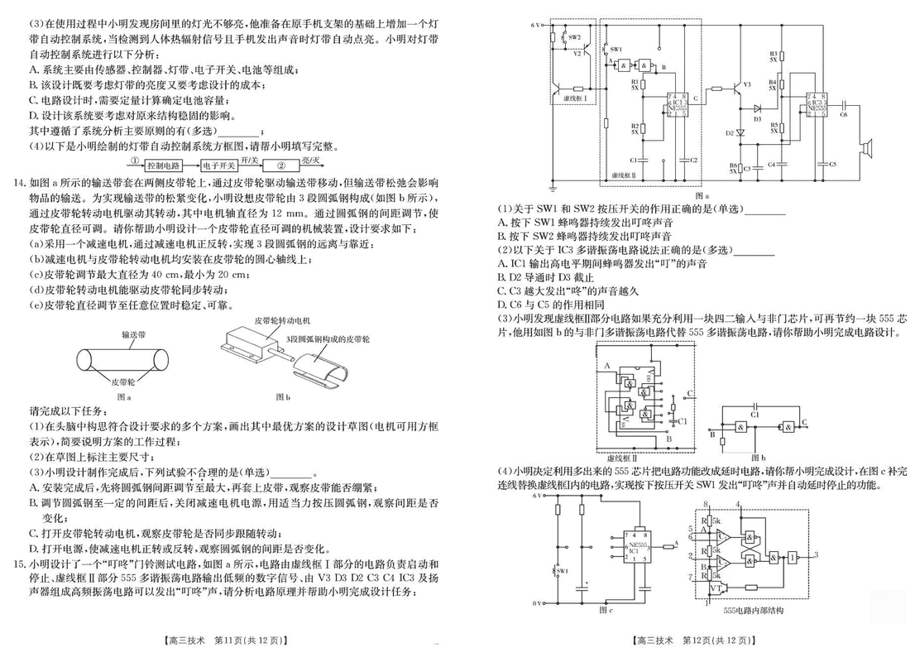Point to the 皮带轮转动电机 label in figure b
click(x=282, y=319)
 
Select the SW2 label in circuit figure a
click(x=575, y=37)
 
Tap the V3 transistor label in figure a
click(x=747, y=84)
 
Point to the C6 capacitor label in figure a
click(x=843, y=114)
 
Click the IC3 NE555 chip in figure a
click(x=817, y=103)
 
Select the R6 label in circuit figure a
click(x=733, y=165)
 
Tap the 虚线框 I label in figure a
click(x=574, y=97)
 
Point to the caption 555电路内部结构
click(x=752, y=610)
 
